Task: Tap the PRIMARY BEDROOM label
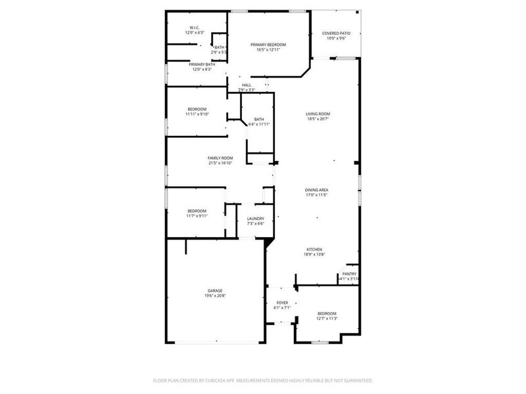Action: point(268,45)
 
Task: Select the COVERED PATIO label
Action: point(336,33)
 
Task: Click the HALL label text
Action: point(247,85)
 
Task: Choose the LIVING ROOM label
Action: point(318,114)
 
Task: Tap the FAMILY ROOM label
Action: point(220,158)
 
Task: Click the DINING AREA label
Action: point(317,189)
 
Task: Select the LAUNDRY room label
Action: point(256,219)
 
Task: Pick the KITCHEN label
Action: point(314,250)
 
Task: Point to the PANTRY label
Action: point(349,274)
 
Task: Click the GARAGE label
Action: point(215,291)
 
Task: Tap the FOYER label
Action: point(281,302)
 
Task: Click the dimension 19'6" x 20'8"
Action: point(215,296)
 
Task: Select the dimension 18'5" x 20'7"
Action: point(318,120)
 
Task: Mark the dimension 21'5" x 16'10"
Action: point(220,163)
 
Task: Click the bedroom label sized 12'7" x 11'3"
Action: point(327,313)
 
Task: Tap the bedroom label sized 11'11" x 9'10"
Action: point(197,109)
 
